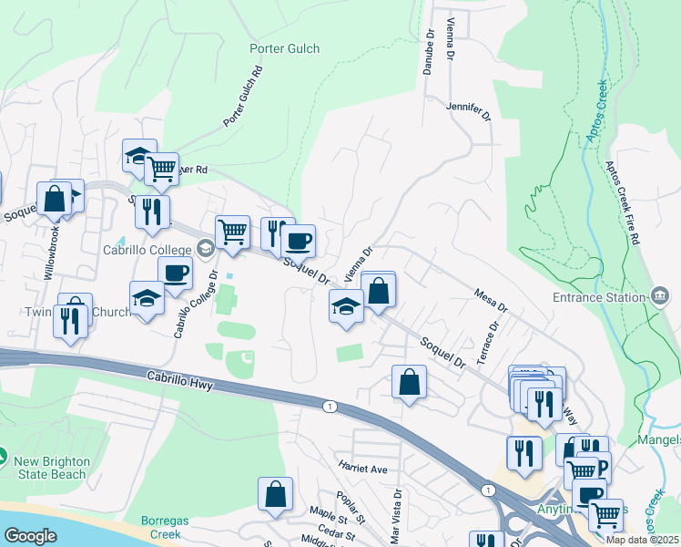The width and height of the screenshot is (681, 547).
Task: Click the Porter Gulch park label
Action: click(284, 48)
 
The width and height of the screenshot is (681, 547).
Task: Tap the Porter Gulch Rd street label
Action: click(243, 96)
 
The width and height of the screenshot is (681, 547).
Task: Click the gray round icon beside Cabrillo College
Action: click(206, 247)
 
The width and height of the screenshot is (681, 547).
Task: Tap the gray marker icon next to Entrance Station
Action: click(659, 295)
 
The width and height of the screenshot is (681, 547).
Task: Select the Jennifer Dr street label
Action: click(469, 111)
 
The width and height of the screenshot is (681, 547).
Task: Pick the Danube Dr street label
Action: click(429, 52)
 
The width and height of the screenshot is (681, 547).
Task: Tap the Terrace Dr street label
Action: click(491, 338)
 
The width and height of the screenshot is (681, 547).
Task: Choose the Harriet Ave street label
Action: click(363, 469)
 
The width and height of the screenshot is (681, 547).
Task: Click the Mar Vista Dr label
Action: click(396, 514)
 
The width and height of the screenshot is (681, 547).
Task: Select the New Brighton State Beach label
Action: click(51, 468)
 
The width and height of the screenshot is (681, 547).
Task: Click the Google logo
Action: click(30, 536)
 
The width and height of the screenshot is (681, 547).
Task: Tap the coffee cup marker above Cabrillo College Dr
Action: click(175, 272)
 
